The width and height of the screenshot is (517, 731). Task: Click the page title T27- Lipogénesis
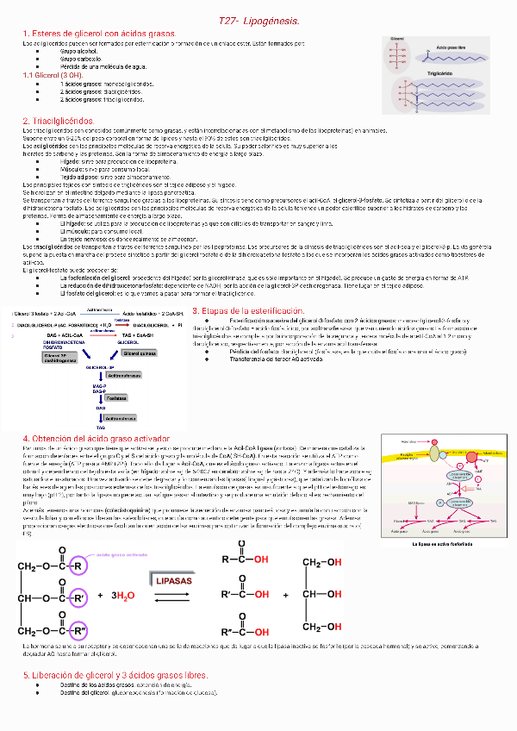(x=258, y=20)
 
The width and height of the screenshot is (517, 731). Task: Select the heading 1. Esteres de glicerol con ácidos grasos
(x=98, y=33)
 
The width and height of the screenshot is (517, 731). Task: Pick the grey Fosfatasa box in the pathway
(x=117, y=398)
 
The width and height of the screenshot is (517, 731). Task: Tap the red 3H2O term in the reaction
(x=123, y=596)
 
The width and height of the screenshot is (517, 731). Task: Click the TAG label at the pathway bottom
(x=101, y=428)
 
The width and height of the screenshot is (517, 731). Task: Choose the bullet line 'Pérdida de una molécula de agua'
(x=103, y=66)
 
